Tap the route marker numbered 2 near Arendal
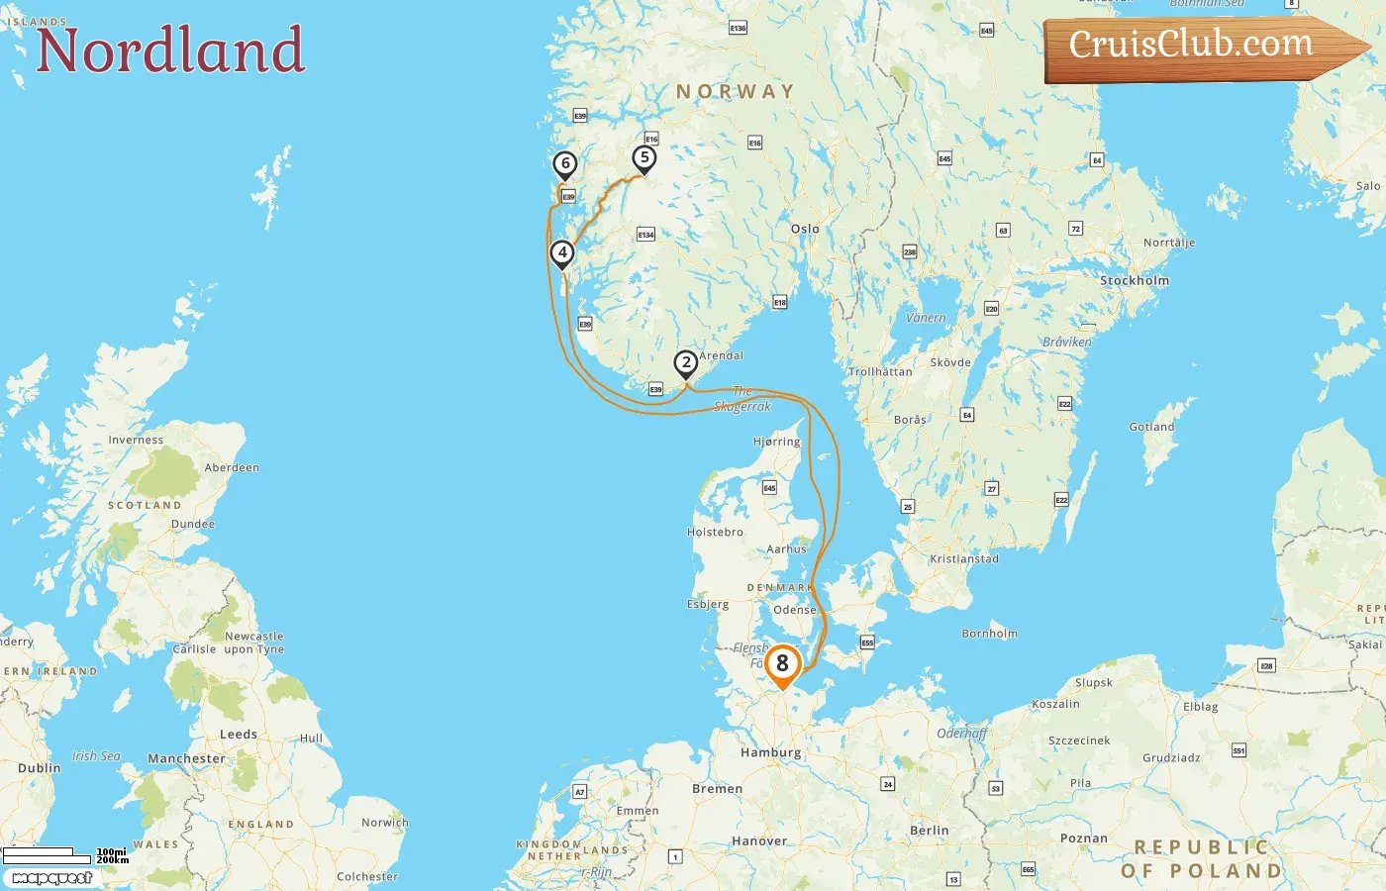[685, 363]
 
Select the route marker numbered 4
[562, 253]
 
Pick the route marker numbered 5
[644, 158]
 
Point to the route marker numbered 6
[564, 164]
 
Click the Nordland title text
[170, 50]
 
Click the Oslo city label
[805, 229]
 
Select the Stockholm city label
[1135, 281]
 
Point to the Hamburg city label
[770, 752]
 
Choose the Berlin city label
[929, 831]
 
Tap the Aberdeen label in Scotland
[232, 467]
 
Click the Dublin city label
[40, 768]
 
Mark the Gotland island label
[1151, 427]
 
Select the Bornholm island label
[989, 634]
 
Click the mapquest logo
[51, 878]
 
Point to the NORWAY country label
[735, 92]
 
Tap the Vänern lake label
[926, 318]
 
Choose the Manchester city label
[186, 759]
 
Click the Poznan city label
[1084, 839]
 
